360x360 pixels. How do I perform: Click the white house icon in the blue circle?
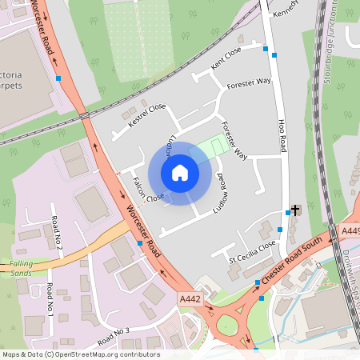[180, 172]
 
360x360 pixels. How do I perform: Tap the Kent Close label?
[226, 55]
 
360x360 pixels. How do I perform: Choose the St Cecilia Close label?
[253, 250]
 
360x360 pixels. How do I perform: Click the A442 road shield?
[188, 297]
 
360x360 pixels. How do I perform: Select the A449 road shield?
[350, 230]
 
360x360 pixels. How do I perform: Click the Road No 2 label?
[56, 232]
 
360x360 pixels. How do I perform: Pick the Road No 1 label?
[50, 300]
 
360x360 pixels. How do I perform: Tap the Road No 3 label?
[113, 335]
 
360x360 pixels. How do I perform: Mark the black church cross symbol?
[295, 210]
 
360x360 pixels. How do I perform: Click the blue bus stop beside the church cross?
[288, 213]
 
